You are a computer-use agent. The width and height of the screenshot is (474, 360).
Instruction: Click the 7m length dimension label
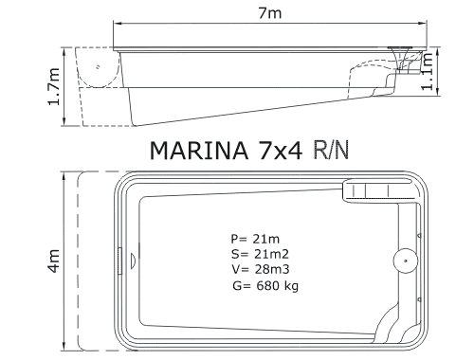pos(269,13)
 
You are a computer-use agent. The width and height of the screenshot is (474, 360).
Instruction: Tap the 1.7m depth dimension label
pos(54,86)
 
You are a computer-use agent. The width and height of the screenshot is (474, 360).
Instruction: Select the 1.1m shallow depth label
pos(428,71)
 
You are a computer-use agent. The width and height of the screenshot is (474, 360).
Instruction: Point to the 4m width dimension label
pos(54,261)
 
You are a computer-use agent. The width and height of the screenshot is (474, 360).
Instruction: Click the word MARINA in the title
pos(199,151)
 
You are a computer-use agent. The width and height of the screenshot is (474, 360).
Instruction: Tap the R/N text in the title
pos(331,151)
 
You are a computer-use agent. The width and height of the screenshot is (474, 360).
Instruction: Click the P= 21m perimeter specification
pos(255,239)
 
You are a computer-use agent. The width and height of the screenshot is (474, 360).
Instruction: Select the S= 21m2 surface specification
pos(260,254)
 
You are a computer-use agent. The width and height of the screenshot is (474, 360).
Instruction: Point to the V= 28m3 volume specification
pos(261,269)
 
